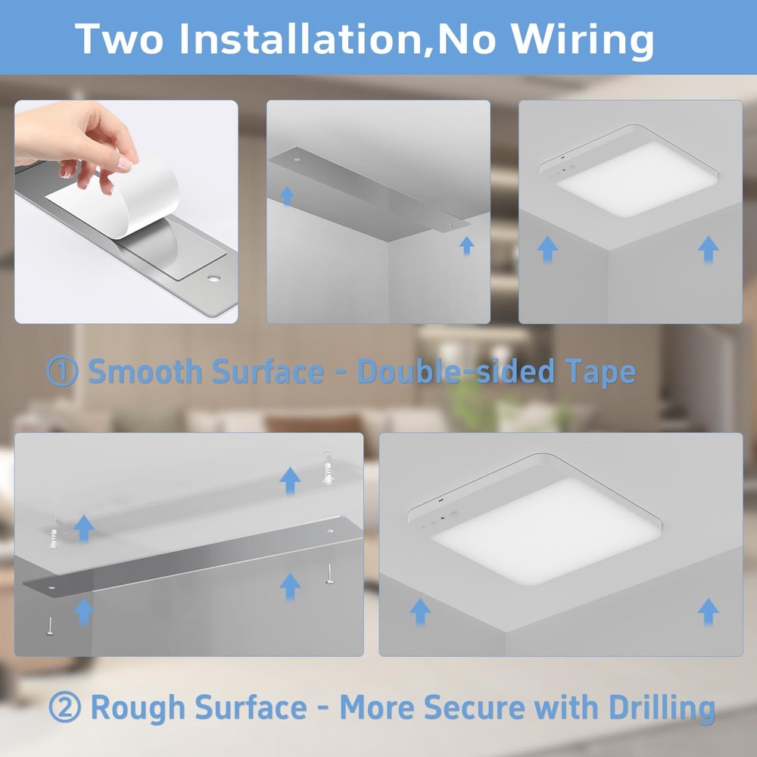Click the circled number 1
(x=62, y=372)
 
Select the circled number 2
(x=64, y=708)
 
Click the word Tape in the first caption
(x=599, y=372)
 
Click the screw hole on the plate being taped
(x=213, y=279)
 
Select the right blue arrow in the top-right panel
(x=708, y=248)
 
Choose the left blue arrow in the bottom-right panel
(x=419, y=610)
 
